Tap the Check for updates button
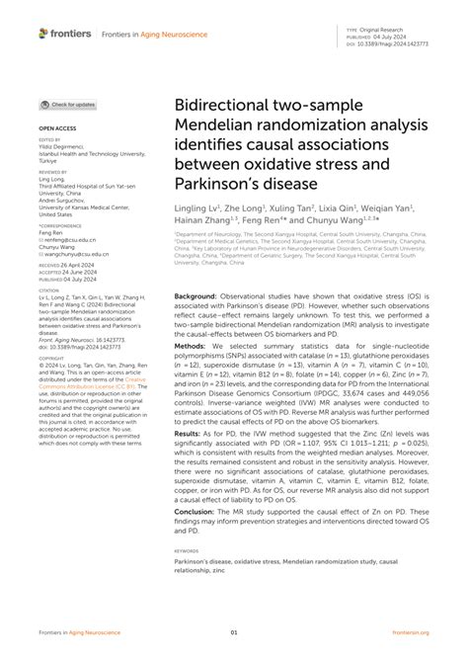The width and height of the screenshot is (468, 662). pos(68,104)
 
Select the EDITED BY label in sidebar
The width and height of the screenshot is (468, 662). pos(51,140)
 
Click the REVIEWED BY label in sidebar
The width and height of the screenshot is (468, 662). pos(55,170)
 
